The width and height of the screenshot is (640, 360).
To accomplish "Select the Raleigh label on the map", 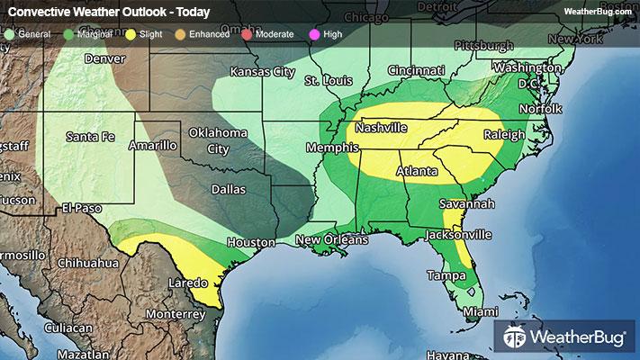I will click(504, 135).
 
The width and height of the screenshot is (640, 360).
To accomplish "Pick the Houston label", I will click(250, 242).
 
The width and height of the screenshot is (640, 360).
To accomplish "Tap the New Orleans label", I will click(332, 240).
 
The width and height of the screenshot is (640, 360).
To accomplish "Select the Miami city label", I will click(479, 311).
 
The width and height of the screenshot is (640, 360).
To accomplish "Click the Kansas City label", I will click(263, 71).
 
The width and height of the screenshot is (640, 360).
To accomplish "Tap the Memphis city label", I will click(326, 148).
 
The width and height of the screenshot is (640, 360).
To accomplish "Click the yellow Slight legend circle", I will click(131, 33).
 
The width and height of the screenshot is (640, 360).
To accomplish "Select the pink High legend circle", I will click(314, 33).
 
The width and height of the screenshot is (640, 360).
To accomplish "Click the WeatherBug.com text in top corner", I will click(597, 11).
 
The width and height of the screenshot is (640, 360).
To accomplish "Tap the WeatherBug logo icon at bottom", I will click(516, 337).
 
